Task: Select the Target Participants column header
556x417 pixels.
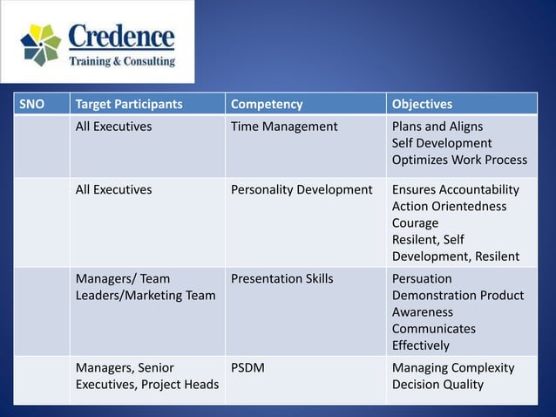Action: point(129,105)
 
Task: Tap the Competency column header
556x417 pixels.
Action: point(267,105)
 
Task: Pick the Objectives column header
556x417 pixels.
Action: point(422,105)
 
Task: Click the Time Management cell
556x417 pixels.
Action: point(284,126)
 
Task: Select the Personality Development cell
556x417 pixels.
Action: point(302,189)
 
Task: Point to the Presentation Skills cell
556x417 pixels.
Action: point(281,279)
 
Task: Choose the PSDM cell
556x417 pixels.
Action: point(248,368)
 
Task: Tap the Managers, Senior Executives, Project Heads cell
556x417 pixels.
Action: point(146,376)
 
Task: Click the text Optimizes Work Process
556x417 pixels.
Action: point(459,160)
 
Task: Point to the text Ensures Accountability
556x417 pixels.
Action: point(455,189)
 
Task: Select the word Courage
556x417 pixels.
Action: point(415,222)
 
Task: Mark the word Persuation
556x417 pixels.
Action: point(422,279)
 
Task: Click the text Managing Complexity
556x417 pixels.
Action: point(453,368)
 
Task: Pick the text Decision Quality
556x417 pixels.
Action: point(437,385)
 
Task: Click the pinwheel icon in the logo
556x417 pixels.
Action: point(40,44)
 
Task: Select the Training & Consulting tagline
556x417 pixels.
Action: point(122,62)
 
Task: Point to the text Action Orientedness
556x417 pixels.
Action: point(449,206)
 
